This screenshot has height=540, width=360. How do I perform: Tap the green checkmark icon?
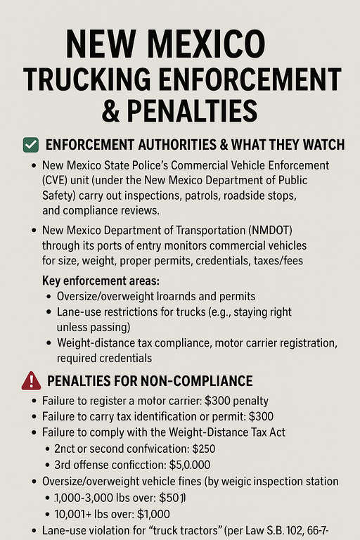pyautogui.click(x=31, y=146)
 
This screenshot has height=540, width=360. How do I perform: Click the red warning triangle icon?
pyautogui.click(x=32, y=381)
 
